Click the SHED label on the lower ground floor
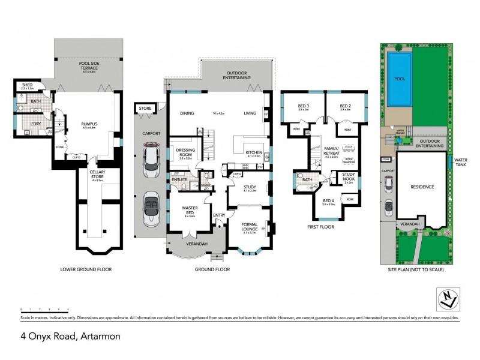pyautogui.click(x=26, y=85)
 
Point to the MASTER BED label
pyautogui.click(x=190, y=210)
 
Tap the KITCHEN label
pyautogui.click(x=254, y=152)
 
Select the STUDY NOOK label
pyautogui.click(x=348, y=177)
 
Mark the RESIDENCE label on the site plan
pyautogui.click(x=422, y=187)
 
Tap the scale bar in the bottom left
pyautogui.click(x=45, y=308)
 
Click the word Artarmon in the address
pyautogui.click(x=100, y=337)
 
